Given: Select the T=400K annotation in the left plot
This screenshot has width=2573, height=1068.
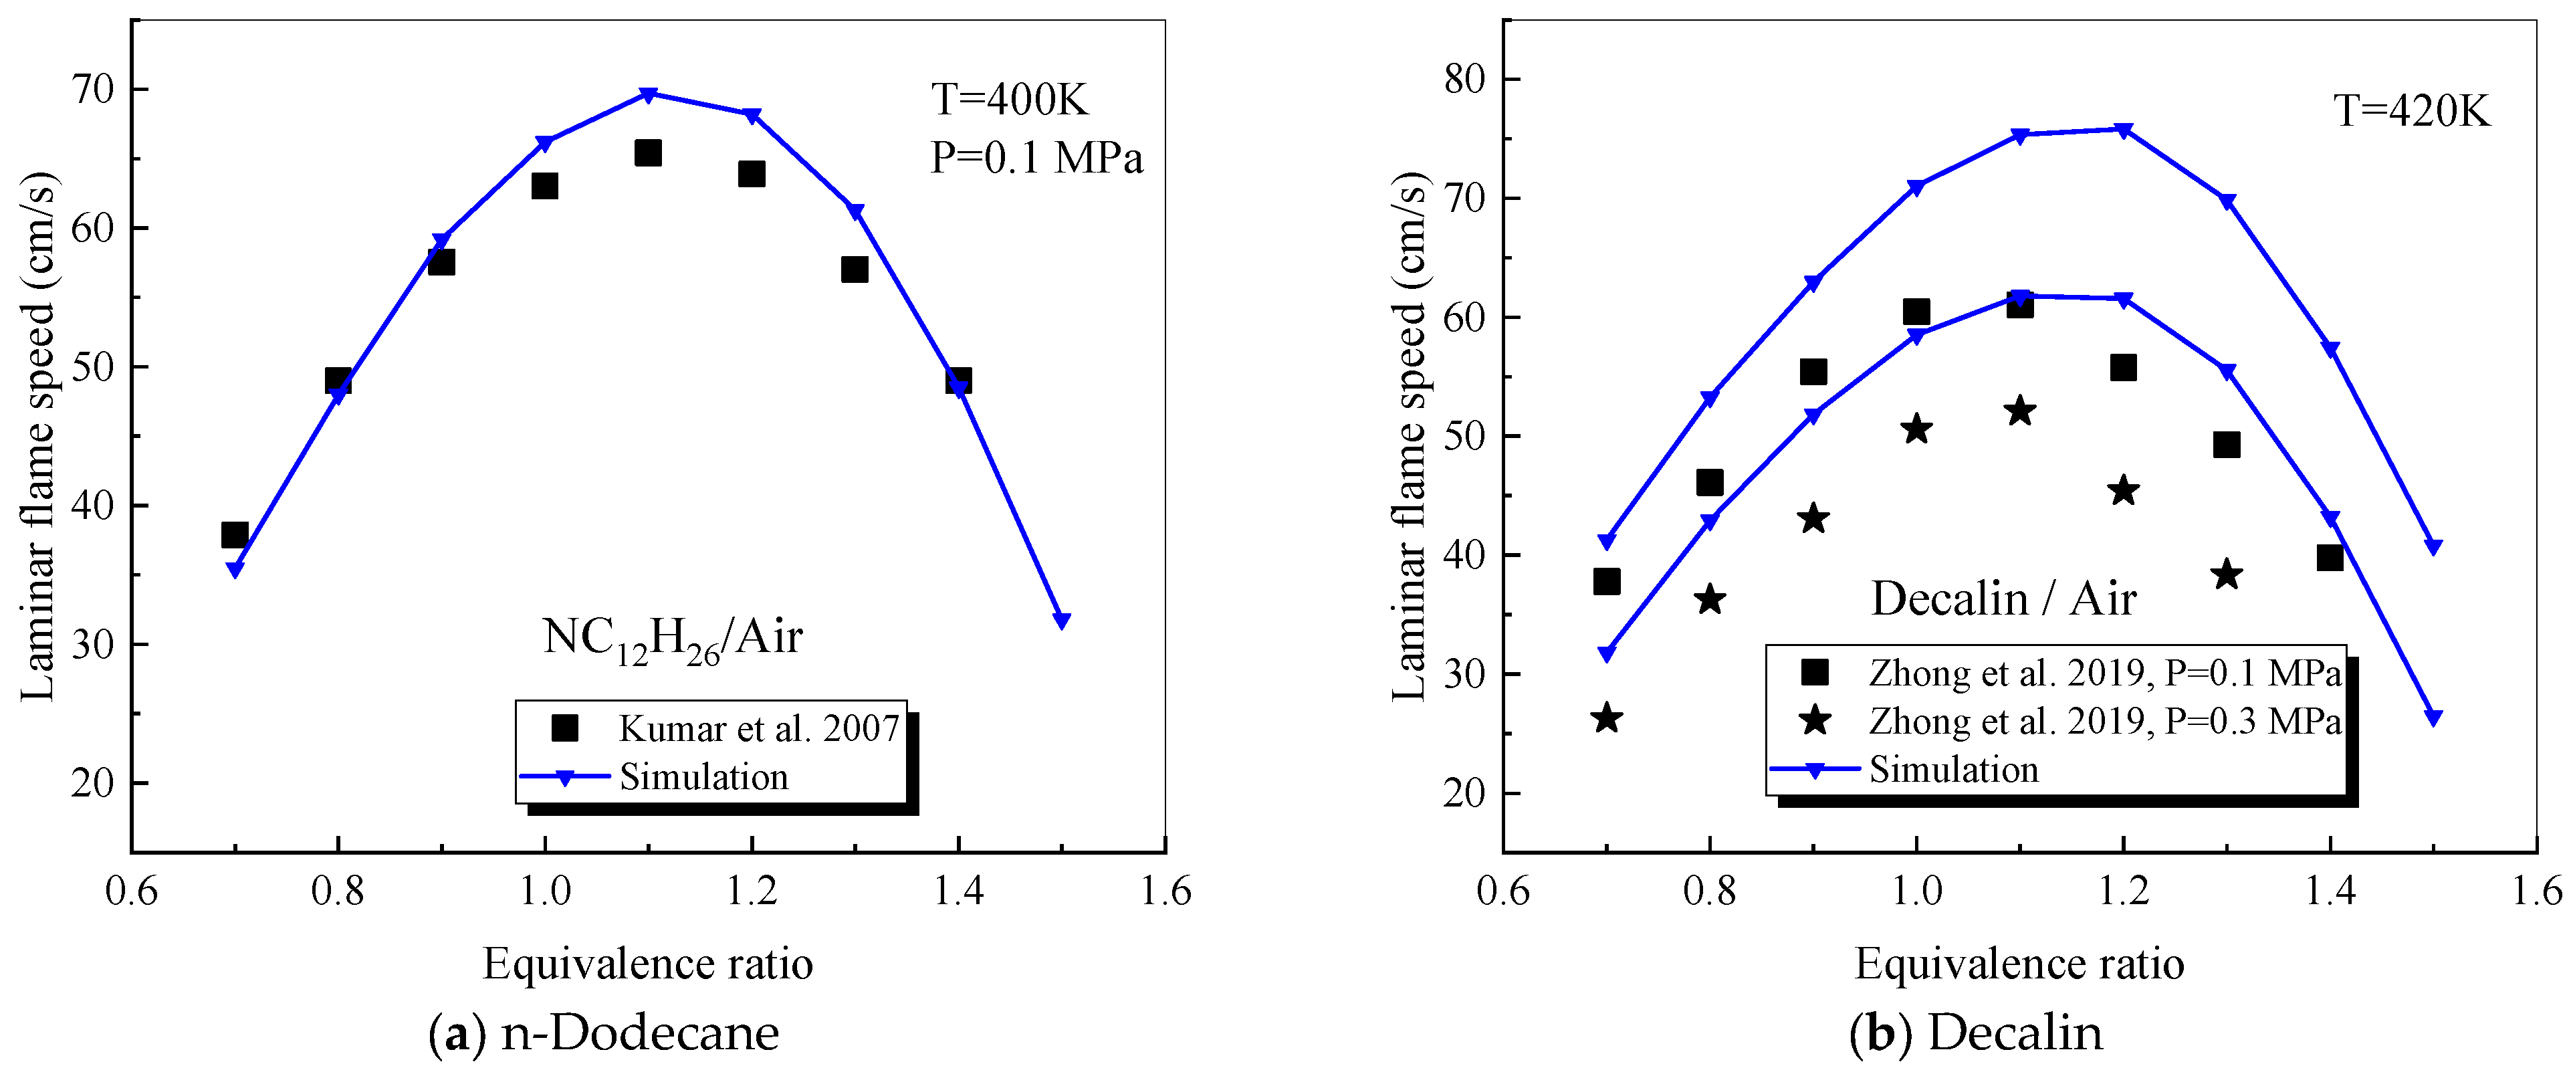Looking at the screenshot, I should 1009,100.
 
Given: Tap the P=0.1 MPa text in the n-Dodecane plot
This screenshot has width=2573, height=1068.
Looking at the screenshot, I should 1036,158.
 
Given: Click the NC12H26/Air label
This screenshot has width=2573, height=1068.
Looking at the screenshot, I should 672,637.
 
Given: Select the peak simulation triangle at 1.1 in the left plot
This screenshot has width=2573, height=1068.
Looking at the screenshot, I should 648,95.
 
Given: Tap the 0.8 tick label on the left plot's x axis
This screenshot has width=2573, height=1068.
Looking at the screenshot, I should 338,890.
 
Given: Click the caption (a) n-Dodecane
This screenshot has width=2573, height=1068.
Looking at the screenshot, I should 603,1032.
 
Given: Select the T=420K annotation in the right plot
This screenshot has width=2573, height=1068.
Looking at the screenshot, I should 2411,111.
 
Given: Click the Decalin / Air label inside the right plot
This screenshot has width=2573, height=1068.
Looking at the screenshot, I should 2003,599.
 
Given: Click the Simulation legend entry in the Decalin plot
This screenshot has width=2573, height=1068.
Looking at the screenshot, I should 1952,769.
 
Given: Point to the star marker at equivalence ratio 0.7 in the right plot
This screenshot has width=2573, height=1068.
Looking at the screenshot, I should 1606,718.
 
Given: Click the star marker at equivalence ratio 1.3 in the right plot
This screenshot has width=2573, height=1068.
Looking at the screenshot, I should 2227,574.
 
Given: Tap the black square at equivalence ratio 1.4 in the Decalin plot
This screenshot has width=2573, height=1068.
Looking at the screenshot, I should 2330,558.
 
